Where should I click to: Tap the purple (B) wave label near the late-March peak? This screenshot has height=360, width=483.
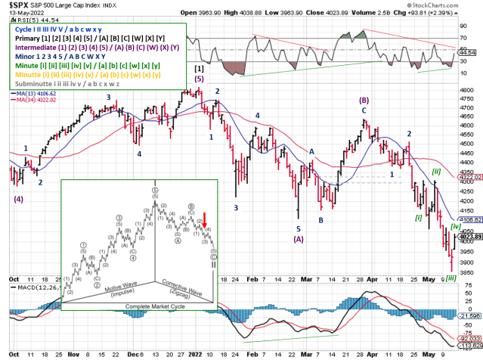364,100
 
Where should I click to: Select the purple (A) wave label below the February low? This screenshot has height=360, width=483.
299,240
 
